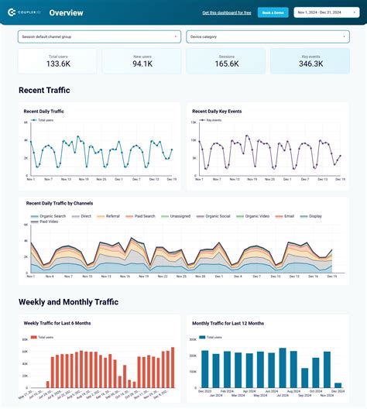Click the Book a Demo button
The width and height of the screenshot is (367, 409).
click(x=273, y=12)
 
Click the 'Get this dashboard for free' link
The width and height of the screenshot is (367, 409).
click(x=227, y=12)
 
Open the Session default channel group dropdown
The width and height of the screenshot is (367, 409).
click(x=100, y=36)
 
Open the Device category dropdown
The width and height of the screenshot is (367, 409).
click(x=267, y=36)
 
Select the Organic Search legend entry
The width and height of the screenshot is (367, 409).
click(x=50, y=216)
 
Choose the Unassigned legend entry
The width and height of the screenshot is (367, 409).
click(x=178, y=216)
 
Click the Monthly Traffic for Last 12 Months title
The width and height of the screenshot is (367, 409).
click(x=228, y=323)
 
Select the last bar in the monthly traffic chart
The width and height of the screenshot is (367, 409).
click(x=338, y=384)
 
